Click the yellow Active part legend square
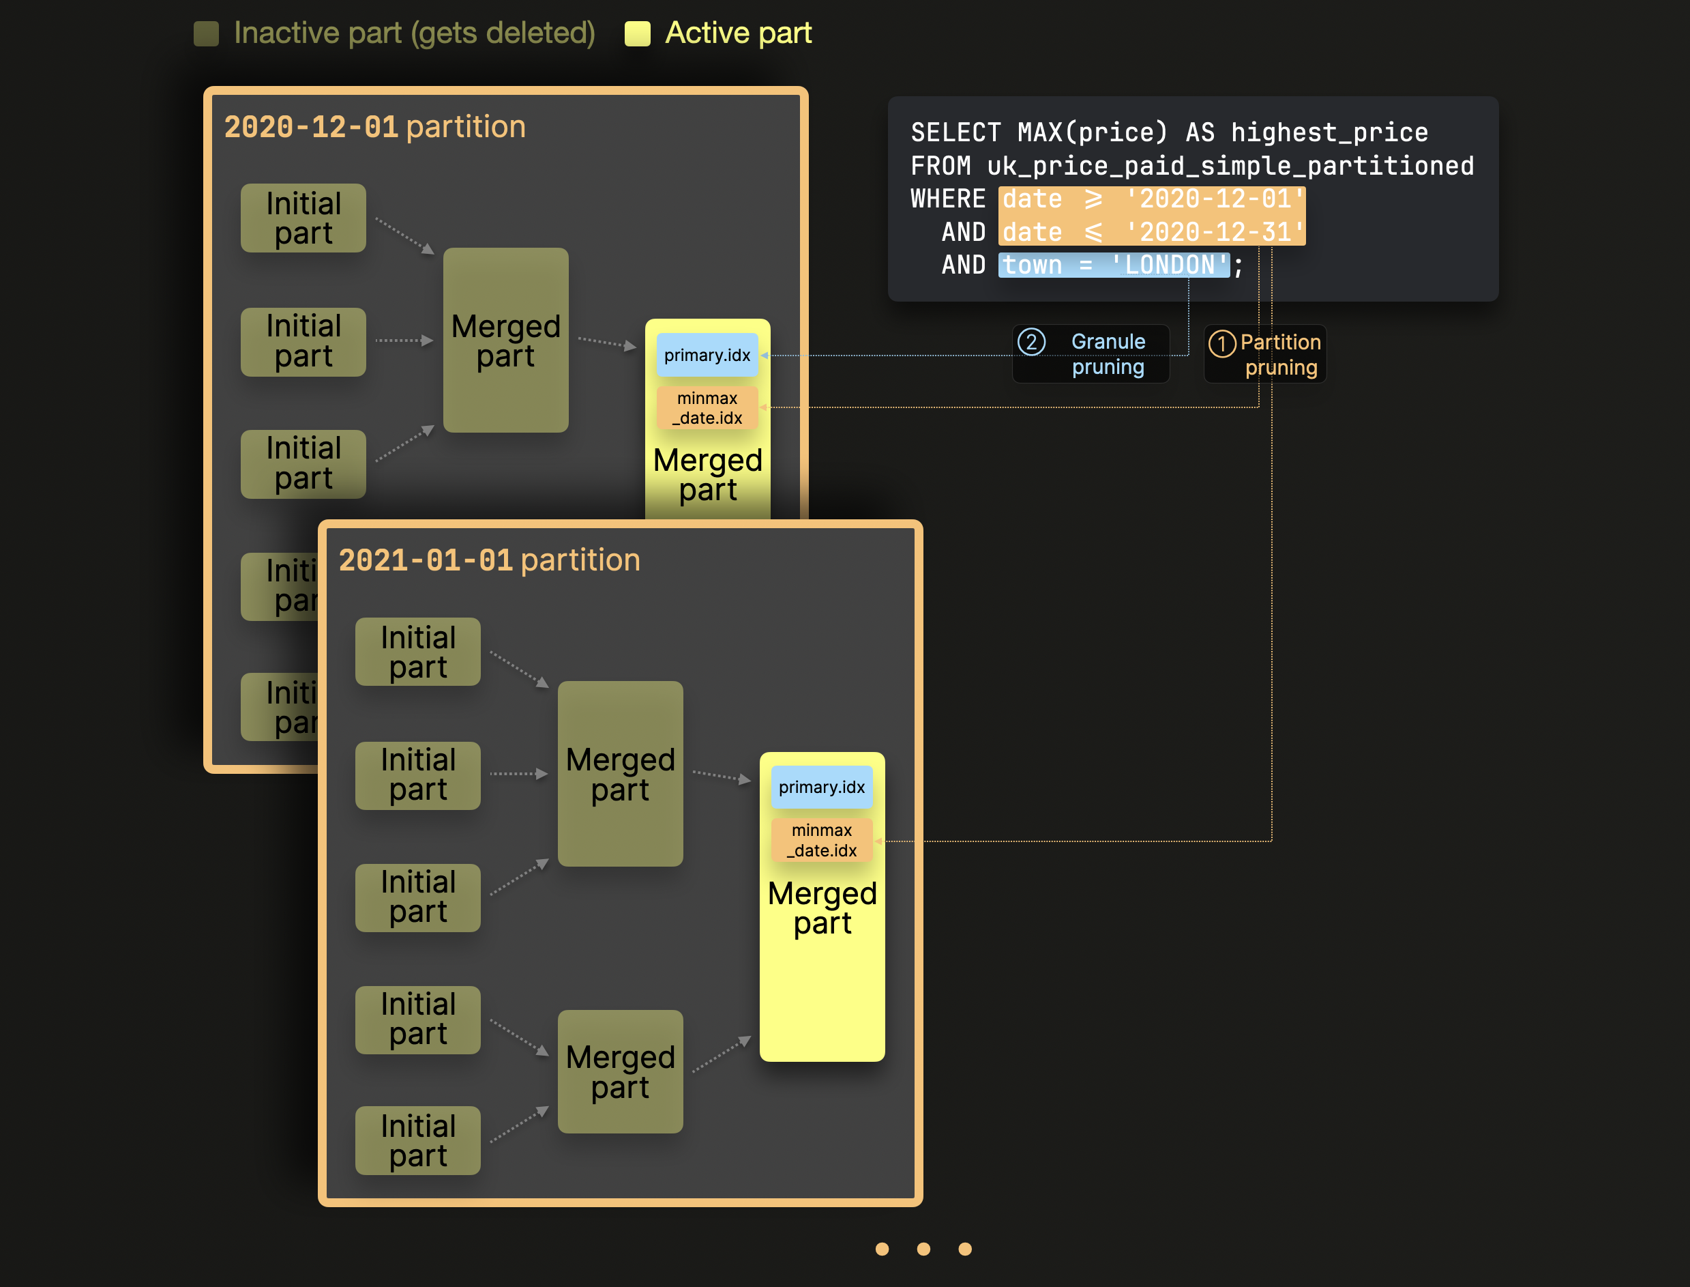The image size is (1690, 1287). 637,33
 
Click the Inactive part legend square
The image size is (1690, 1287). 206,33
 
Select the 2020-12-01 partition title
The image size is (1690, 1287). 374,126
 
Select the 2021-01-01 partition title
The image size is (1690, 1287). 488,560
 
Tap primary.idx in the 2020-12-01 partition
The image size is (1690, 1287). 707,356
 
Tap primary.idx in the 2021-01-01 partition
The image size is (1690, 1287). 821,787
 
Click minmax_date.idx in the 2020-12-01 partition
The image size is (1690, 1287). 707,408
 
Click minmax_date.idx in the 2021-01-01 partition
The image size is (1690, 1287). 821,841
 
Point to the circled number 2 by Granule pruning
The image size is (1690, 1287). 1031,342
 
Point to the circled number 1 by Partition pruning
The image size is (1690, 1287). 1221,343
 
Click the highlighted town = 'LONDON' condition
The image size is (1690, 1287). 1114,265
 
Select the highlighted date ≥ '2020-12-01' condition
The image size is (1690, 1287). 1151,199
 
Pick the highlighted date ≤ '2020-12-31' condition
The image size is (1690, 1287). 1151,232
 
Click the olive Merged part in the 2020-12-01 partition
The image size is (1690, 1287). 505,340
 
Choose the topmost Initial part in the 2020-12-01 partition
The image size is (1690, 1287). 303,218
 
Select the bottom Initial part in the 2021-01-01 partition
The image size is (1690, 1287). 417,1141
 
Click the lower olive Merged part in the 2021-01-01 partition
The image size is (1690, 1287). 619,1072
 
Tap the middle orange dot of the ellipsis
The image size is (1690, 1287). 923,1249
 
